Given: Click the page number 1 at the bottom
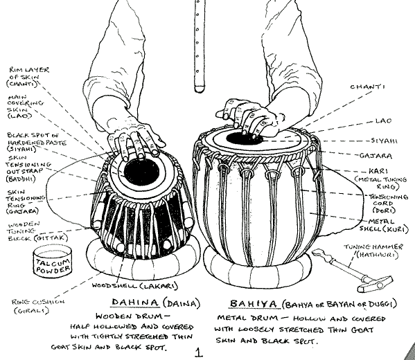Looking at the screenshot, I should pyautogui.click(x=199, y=352).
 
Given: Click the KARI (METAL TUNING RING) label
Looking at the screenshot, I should pyautogui.click(x=382, y=177).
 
